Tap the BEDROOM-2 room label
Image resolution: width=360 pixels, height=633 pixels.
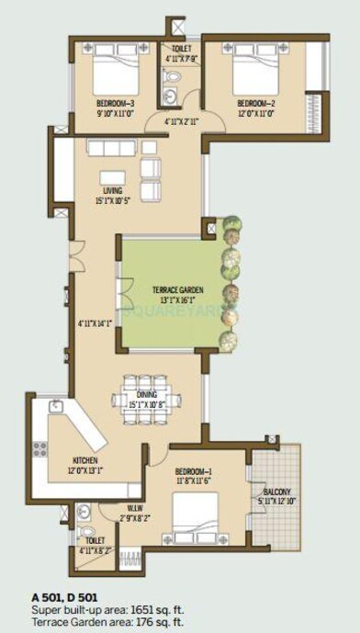(x=255, y=103)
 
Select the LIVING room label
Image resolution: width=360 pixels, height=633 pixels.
(x=112, y=191)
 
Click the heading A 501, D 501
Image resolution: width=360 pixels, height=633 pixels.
(x=62, y=597)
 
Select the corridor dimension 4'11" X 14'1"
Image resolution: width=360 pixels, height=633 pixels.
(x=95, y=322)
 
